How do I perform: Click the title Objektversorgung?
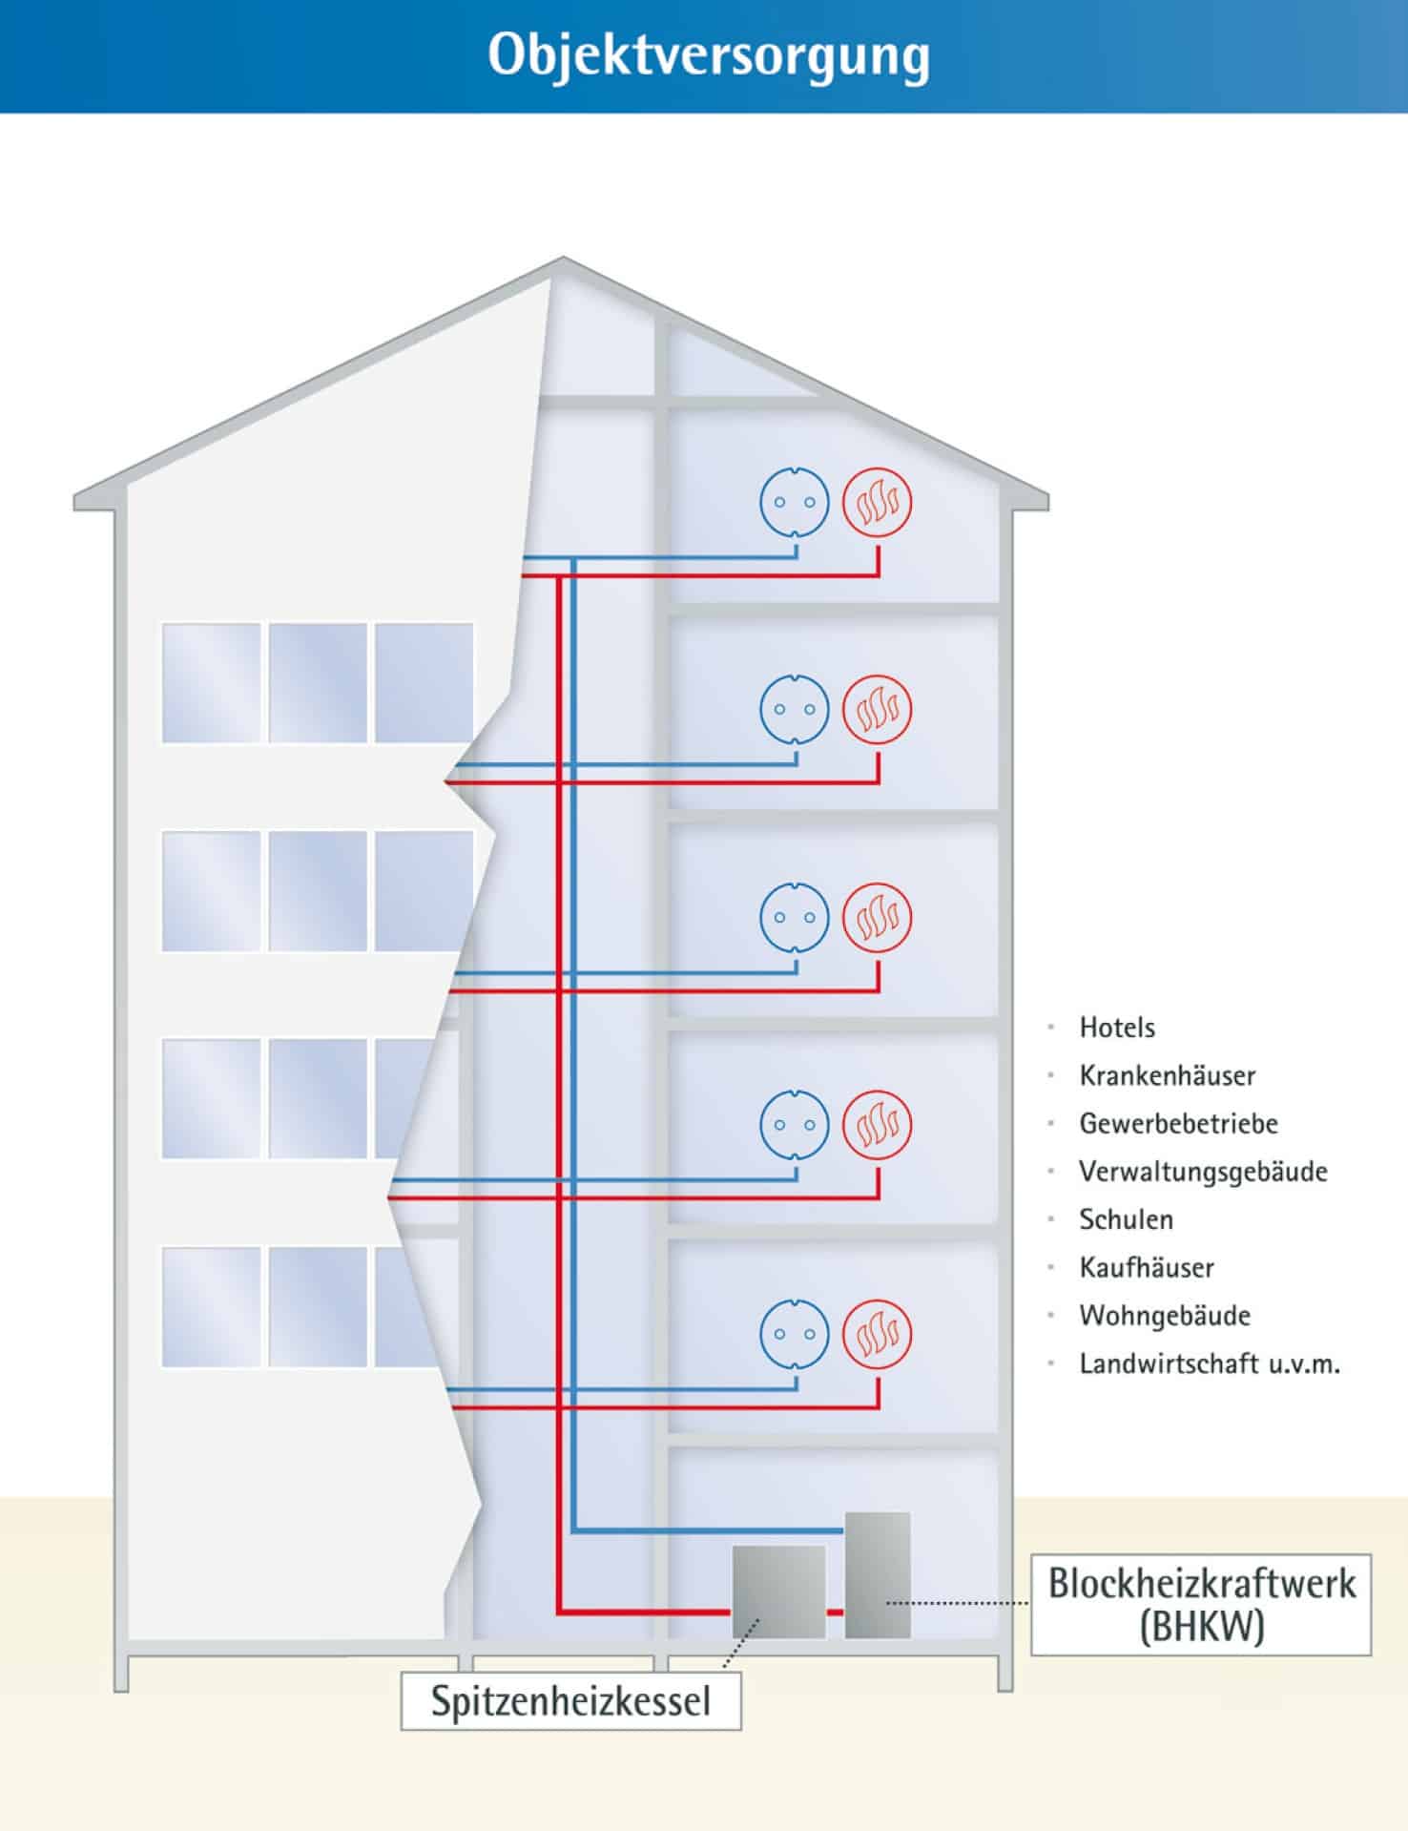[708, 55]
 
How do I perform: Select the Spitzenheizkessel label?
[570, 1700]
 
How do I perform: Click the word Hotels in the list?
[1117, 1028]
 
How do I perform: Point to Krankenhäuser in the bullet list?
[1167, 1075]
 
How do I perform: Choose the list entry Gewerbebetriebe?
[1178, 1123]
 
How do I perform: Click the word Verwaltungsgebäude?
[1203, 1171]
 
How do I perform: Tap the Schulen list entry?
[1126, 1219]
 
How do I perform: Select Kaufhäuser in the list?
[1147, 1267]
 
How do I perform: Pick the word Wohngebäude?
[1165, 1315]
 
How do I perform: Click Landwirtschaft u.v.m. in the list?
[1210, 1363]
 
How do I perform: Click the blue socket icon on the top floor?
[795, 502]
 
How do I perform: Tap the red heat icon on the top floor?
[877, 502]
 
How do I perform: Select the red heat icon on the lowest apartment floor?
[877, 1333]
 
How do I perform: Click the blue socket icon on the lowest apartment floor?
[795, 1333]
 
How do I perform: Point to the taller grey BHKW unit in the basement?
[877, 1574]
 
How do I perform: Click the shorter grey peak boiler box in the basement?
[778, 1592]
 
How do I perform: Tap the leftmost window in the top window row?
[211, 682]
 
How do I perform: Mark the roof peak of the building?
[562, 259]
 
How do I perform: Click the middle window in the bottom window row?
[318, 1306]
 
